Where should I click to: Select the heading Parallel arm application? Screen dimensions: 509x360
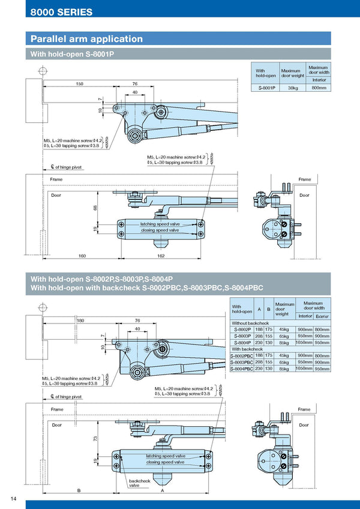click(x=87, y=39)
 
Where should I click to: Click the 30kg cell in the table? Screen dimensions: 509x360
click(x=293, y=88)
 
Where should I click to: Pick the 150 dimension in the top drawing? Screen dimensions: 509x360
click(x=79, y=84)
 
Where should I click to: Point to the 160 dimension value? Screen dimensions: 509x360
click(x=82, y=256)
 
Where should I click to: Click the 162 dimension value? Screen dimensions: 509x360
click(x=161, y=256)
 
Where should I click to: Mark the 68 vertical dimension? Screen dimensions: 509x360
click(x=95, y=208)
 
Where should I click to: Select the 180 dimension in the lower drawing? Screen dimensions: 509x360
click(x=80, y=321)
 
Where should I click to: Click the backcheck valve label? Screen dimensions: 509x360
click(x=139, y=483)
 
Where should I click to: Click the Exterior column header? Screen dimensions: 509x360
click(x=322, y=316)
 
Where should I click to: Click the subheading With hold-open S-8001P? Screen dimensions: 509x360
click(x=73, y=54)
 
